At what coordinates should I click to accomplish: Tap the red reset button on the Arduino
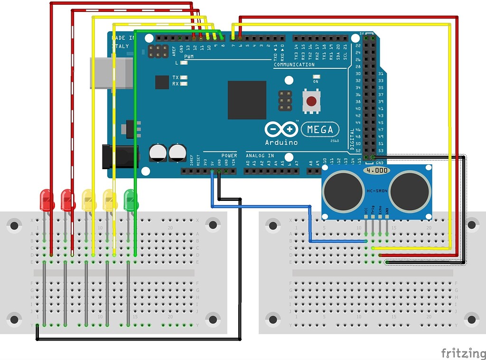(311, 101)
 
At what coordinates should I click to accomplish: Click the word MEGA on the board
(323, 130)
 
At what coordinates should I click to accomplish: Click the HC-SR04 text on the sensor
(377, 191)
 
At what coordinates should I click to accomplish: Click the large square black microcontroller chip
(247, 100)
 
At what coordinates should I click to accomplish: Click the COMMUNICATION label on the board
(294, 65)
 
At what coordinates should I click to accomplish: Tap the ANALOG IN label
(260, 156)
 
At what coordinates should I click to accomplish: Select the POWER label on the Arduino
(229, 156)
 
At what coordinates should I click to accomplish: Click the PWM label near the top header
(189, 57)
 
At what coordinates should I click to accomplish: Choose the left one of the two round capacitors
(158, 152)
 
